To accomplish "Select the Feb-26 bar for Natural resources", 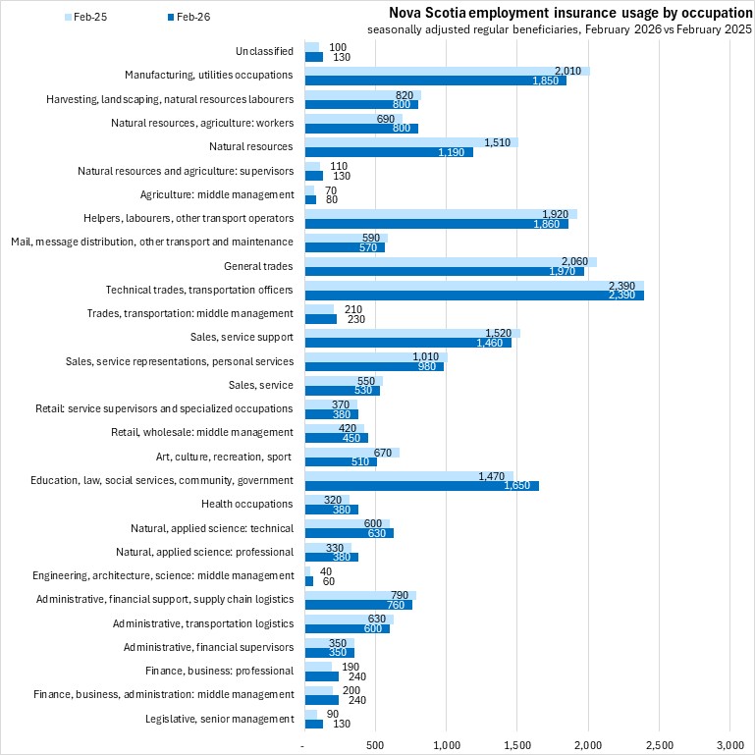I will click(389, 152).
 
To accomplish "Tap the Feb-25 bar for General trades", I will click(451, 261).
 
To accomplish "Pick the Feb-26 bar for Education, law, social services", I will click(422, 485).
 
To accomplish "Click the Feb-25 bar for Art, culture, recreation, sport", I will click(352, 453).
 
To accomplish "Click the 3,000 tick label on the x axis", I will click(729, 746).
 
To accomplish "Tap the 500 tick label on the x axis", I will click(375, 746).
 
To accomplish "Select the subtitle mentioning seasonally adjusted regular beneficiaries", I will click(560, 30).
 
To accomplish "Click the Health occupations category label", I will click(246, 504).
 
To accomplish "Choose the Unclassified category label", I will click(264, 51).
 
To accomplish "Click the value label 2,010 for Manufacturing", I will click(568, 71).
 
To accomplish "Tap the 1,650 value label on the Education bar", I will click(519, 485).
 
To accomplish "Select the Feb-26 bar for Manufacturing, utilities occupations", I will click(436, 81).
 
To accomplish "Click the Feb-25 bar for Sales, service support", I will click(412, 333).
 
